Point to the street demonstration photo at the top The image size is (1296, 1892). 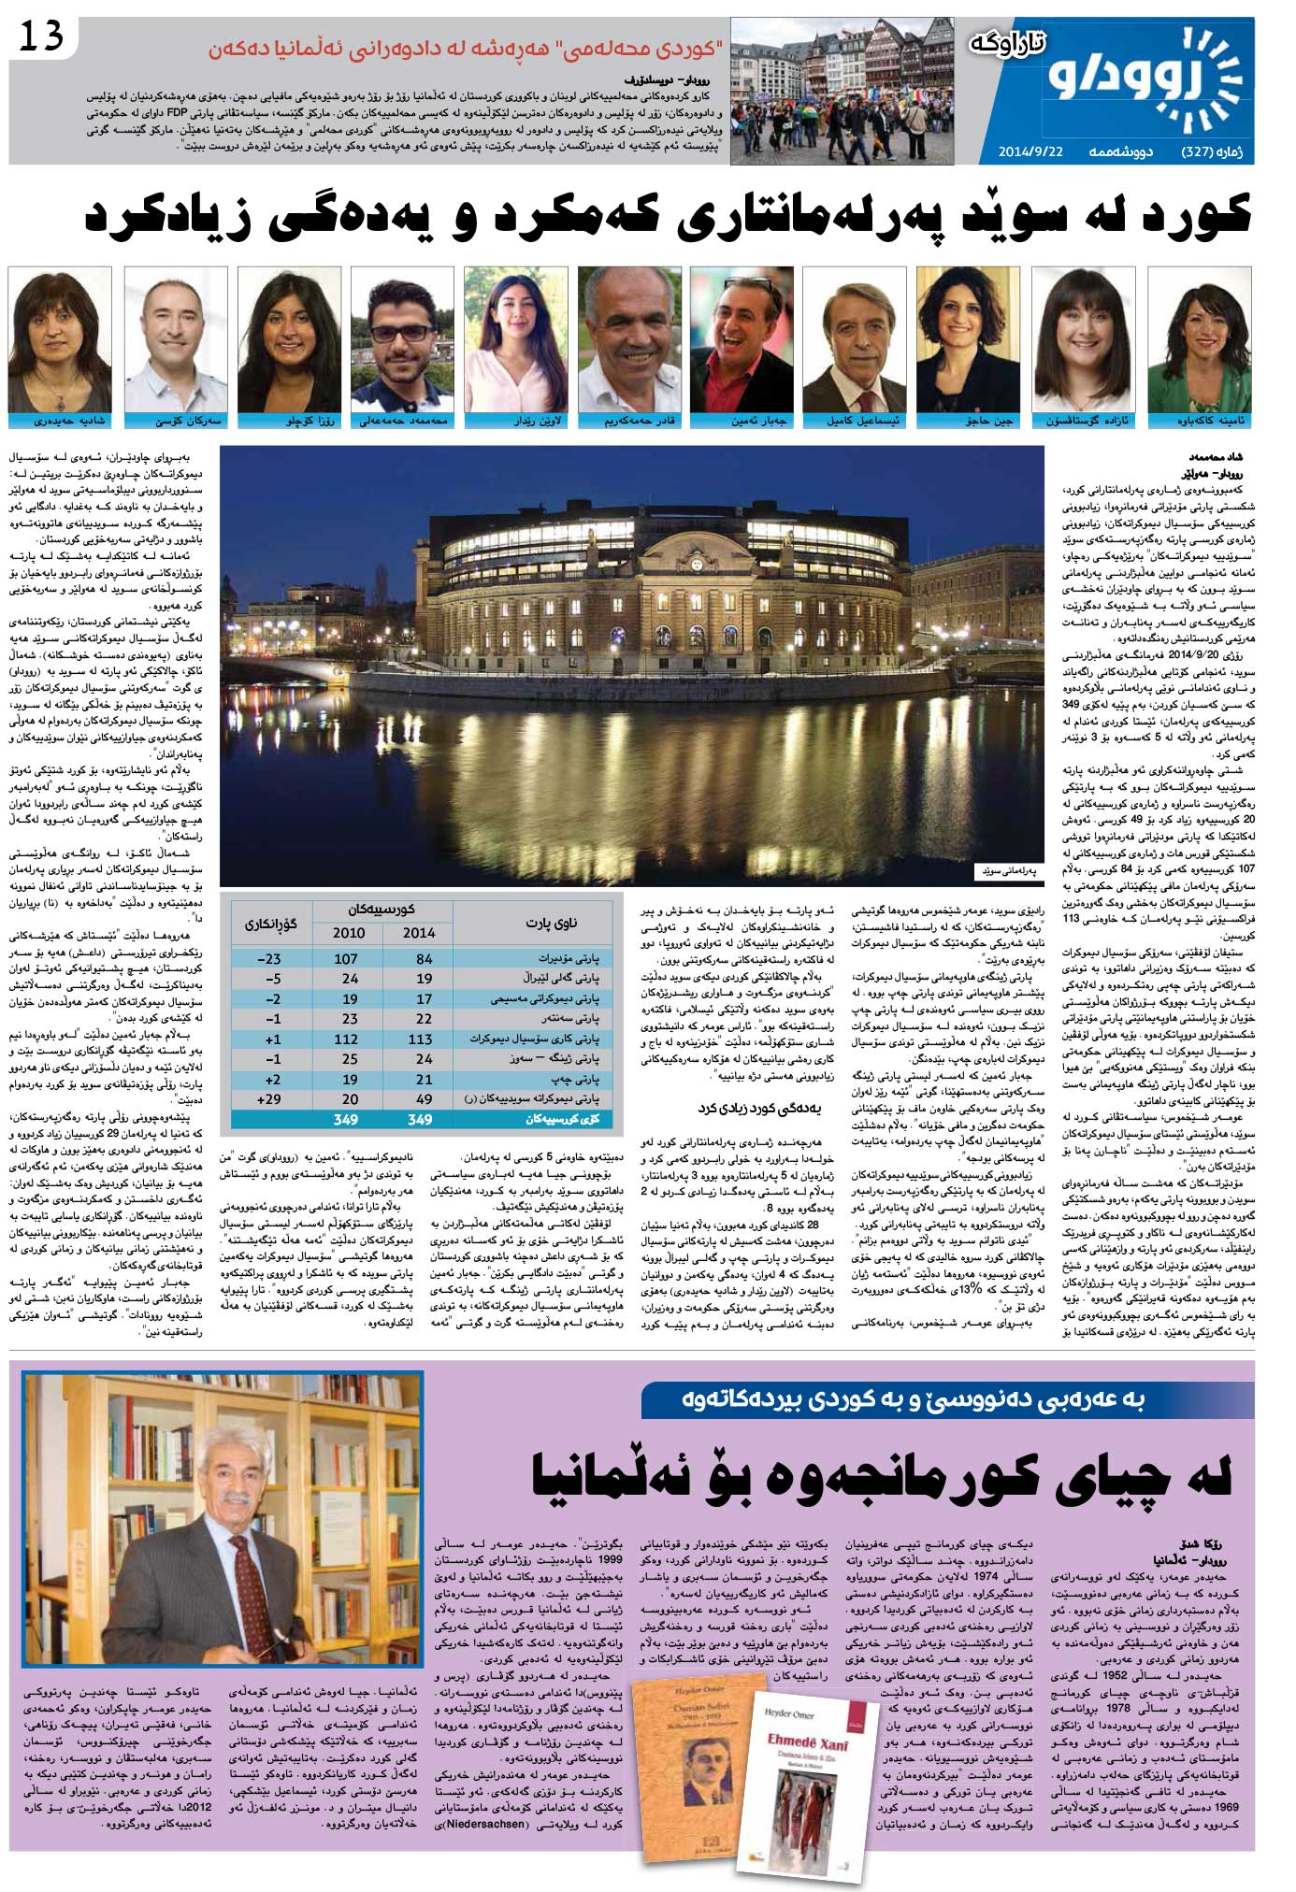pyautogui.click(x=842, y=91)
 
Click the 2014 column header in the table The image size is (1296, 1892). pyautogui.click(x=418, y=932)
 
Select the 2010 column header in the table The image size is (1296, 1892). pyautogui.click(x=349, y=932)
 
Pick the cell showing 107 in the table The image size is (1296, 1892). pyautogui.click(x=346, y=959)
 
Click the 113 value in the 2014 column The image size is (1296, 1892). pyautogui.click(x=420, y=1039)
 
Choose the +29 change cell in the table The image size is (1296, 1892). pyautogui.click(x=268, y=1099)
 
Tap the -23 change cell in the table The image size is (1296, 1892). pyautogui.click(x=268, y=959)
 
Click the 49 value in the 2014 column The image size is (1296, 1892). pyautogui.click(x=424, y=1099)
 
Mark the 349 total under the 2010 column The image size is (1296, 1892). pyautogui.click(x=346, y=1120)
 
